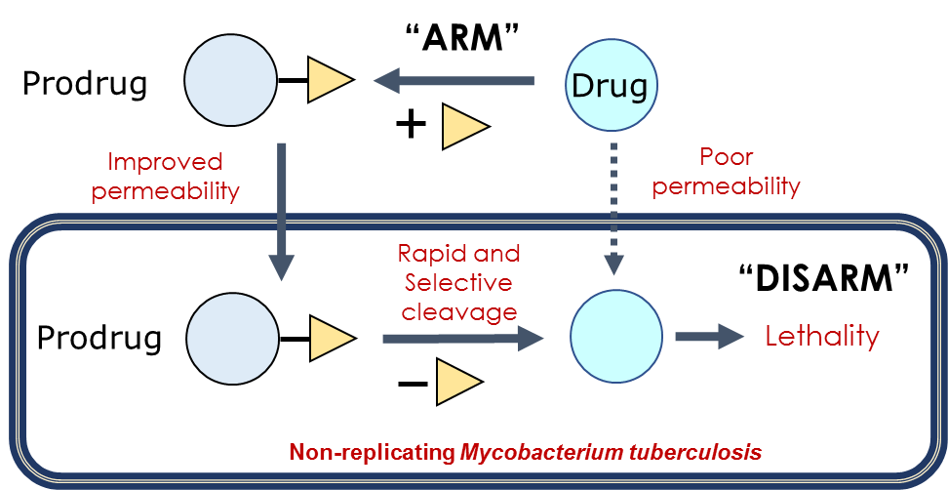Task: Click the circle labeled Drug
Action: coord(610,85)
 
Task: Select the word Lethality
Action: coord(822,337)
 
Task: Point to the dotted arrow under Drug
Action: coord(612,205)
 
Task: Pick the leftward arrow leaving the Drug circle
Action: coord(454,82)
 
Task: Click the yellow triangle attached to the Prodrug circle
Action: coord(331,338)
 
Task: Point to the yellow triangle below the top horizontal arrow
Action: coord(462,127)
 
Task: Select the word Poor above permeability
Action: coord(727,157)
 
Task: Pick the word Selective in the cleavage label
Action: coord(458,282)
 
